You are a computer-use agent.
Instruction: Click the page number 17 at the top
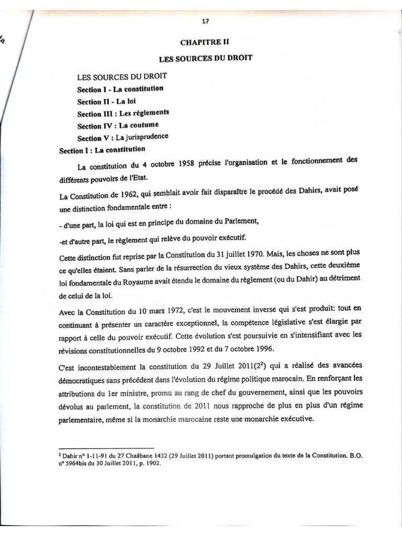coord(205,21)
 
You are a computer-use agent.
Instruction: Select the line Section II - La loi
coord(107,102)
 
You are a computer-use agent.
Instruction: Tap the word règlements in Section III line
coord(151,113)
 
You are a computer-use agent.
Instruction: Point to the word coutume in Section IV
coord(139,126)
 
